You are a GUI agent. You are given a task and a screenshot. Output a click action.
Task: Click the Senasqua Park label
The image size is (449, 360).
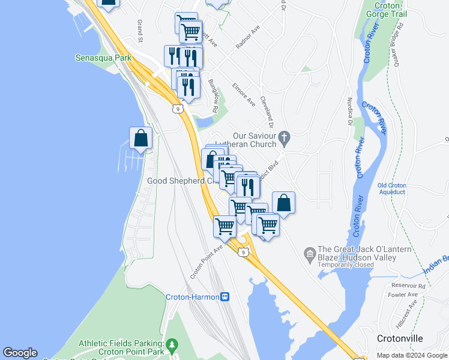tap(103, 58)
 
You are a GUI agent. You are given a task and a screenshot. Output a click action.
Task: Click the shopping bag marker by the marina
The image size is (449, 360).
tap(140, 138)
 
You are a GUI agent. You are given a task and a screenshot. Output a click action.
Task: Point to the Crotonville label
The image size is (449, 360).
tap(402, 338)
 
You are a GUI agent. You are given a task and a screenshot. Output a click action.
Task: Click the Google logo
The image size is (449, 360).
tap(20, 353)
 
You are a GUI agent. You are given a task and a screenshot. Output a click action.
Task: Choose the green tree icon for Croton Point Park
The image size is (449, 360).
tap(173, 344)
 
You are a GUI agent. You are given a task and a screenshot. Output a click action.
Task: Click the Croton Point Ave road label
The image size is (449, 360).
tap(206, 262)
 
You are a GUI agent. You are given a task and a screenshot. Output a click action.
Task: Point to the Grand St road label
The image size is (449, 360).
tap(139, 31)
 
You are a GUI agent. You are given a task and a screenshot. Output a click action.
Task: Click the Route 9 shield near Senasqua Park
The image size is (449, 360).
tap(177, 109)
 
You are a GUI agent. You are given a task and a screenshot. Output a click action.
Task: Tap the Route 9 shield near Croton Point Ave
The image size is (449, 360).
tap(243, 253)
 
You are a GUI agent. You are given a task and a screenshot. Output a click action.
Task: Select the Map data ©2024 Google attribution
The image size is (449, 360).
tap(411, 355)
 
